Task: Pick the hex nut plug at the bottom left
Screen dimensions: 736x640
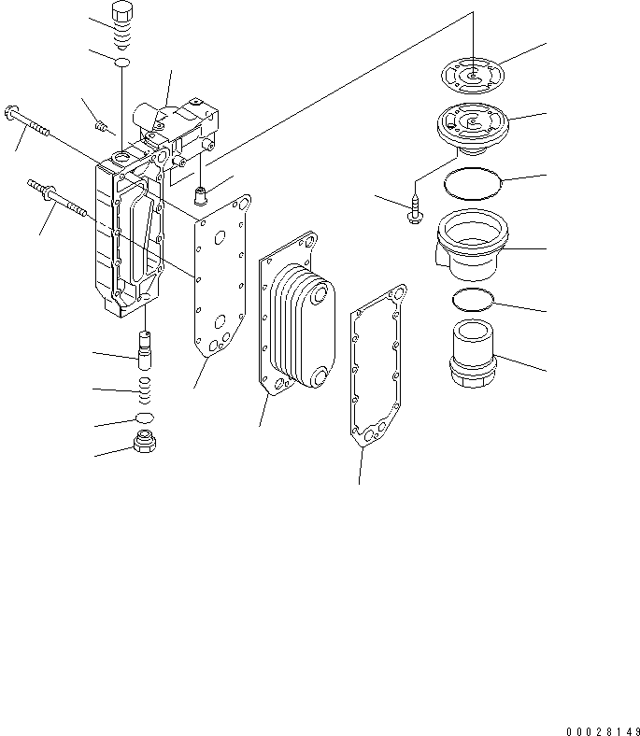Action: coord(144,444)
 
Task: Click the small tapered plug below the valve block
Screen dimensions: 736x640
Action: coord(198,196)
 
